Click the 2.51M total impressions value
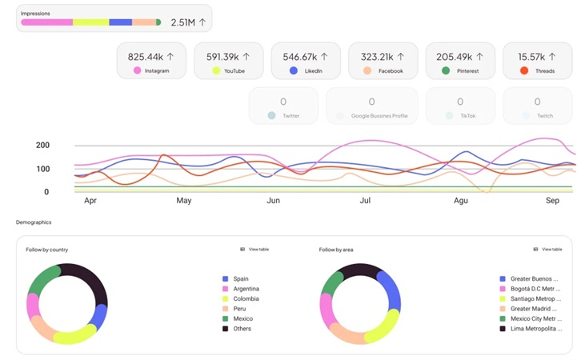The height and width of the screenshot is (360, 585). click(183, 22)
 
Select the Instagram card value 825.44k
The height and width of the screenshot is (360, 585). click(145, 57)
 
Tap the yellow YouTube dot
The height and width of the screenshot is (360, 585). click(216, 71)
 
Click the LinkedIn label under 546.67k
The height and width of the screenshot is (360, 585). click(313, 71)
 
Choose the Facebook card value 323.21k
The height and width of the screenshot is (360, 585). click(377, 57)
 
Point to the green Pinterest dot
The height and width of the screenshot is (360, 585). click(446, 71)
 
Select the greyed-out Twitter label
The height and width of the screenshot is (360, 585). click(290, 116)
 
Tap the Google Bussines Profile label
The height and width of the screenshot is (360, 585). click(379, 116)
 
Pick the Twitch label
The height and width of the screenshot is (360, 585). click(544, 116)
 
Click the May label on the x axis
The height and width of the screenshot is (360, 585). click(184, 201)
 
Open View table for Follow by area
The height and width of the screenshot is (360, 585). click(551, 250)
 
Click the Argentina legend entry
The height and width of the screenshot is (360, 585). click(246, 289)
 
